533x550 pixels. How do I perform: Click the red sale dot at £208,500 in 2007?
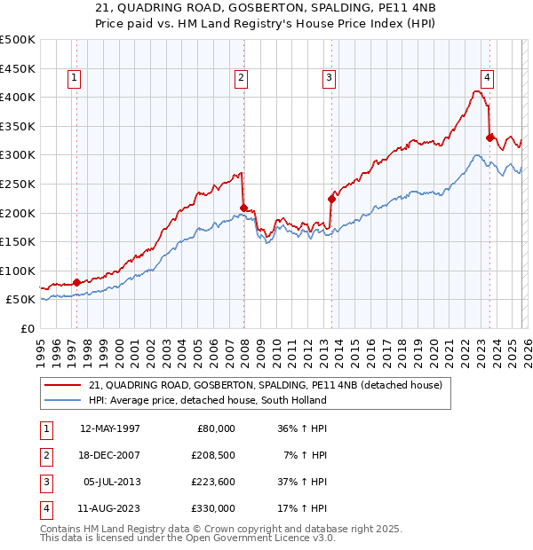(243, 208)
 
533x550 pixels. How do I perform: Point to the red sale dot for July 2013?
(330, 199)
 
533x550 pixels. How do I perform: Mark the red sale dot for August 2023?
(489, 137)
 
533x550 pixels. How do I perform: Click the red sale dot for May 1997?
(76, 282)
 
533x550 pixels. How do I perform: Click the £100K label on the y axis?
(18, 271)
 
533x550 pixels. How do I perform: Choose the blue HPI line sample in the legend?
(62, 400)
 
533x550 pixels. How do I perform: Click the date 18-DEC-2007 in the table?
(110, 454)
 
